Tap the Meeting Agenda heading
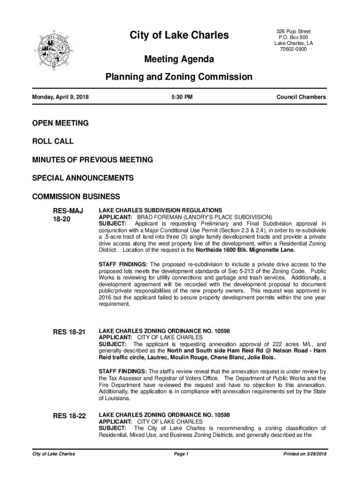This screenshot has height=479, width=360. [179, 59]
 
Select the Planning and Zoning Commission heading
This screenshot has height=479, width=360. [179, 77]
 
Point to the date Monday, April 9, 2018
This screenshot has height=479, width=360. [60, 97]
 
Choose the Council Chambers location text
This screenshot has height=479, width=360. [301, 97]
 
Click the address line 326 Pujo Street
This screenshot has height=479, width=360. [294, 31]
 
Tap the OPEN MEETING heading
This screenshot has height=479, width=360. [60, 123]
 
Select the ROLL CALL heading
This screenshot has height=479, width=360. [53, 141]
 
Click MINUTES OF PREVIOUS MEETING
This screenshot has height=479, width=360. [93, 160]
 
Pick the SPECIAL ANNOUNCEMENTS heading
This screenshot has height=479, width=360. [83, 178]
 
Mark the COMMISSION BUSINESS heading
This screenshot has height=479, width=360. [76, 196]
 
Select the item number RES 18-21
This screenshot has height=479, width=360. [69, 332]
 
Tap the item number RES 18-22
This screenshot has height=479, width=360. [69, 416]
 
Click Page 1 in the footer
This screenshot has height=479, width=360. [180, 454]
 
